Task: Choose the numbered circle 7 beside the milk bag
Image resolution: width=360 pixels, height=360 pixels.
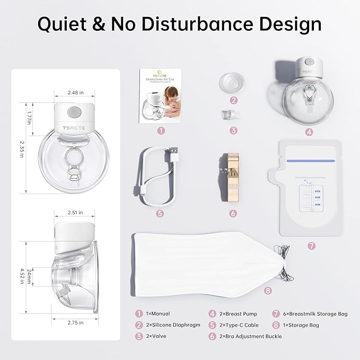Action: click(x=311, y=245)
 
